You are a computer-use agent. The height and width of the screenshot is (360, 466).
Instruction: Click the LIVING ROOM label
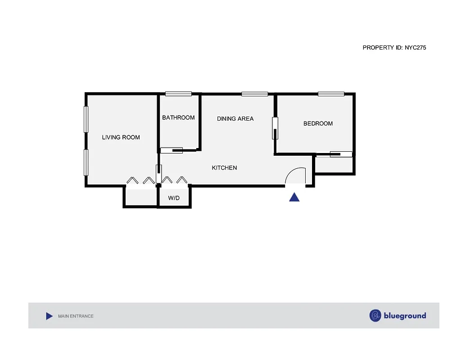(x=121, y=137)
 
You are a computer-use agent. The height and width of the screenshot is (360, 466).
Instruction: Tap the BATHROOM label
(x=178, y=117)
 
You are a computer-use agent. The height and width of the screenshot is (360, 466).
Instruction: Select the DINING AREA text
(x=235, y=119)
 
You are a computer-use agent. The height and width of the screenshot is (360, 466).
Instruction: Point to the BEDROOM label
(x=318, y=123)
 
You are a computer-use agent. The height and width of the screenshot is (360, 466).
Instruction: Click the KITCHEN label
(x=224, y=168)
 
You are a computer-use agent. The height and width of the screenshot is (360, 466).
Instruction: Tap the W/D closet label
(x=174, y=198)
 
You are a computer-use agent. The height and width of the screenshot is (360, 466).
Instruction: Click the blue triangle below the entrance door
(x=294, y=197)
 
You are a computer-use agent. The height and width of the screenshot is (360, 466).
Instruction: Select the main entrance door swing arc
(x=297, y=175)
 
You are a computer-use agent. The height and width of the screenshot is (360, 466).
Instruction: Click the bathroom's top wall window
(x=178, y=94)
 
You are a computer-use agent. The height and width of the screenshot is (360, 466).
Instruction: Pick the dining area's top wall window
(x=254, y=94)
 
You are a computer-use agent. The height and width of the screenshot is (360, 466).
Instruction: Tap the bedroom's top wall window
(x=331, y=94)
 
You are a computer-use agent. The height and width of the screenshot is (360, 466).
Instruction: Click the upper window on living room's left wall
(x=86, y=119)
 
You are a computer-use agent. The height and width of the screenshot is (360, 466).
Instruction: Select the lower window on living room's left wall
(x=86, y=162)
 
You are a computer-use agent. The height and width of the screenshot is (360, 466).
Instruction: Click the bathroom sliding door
(x=172, y=150)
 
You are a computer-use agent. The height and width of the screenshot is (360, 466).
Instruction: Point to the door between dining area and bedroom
(x=274, y=128)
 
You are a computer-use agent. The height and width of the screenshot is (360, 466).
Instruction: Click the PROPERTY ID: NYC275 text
(x=394, y=47)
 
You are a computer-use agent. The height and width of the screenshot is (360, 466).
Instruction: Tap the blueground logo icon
(x=375, y=315)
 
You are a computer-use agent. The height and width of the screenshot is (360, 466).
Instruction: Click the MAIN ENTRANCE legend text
(x=76, y=316)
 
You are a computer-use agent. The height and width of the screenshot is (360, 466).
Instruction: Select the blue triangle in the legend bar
(x=49, y=316)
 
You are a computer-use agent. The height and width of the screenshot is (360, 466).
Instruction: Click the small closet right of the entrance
(x=334, y=165)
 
